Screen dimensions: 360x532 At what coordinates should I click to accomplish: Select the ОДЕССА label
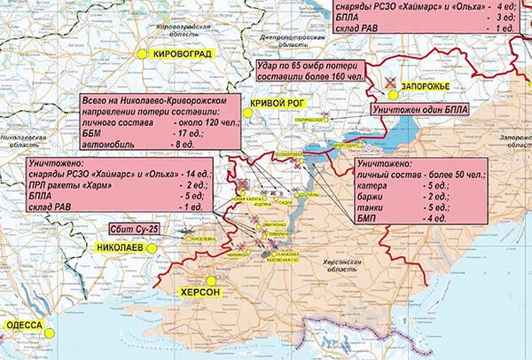coord(24,325)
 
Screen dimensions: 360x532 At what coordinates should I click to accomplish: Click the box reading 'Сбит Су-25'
coord(129,231)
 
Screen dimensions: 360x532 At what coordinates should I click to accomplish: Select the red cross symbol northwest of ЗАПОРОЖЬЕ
coord(390,82)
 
